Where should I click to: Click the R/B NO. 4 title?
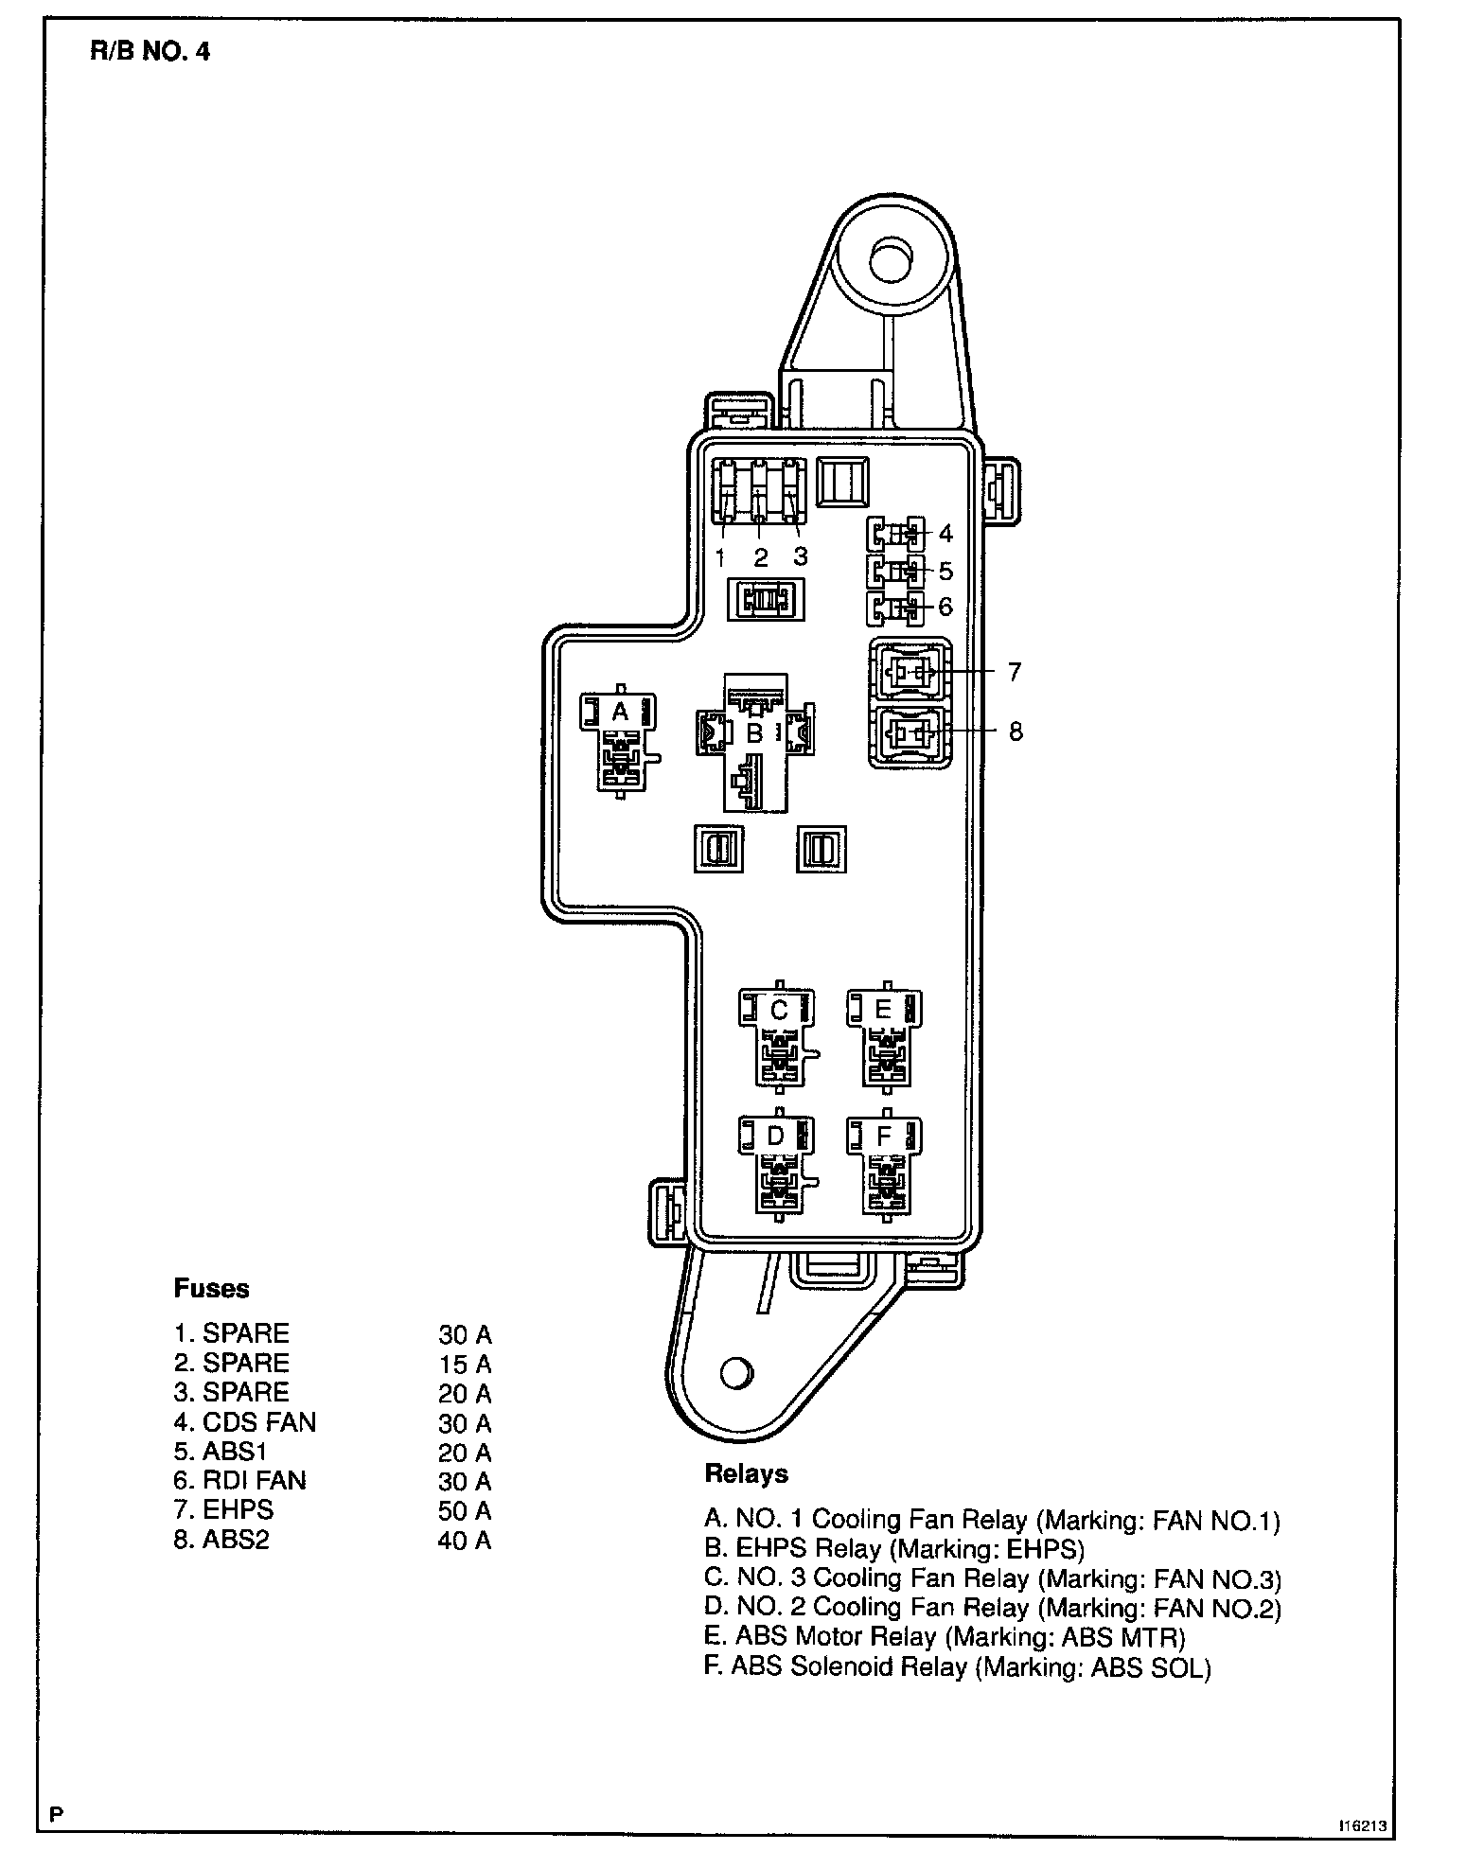pos(150,51)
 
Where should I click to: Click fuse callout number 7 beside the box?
pos(1015,672)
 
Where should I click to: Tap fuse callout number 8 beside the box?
pos(1016,731)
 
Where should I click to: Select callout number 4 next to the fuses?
pos(945,534)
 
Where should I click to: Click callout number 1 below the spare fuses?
pos(721,557)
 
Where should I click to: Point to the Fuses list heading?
pos(211,1288)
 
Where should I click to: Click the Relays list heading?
pos(746,1473)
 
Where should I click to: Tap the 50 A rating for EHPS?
pos(464,1510)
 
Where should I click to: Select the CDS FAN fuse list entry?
pos(244,1422)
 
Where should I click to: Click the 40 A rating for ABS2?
pos(464,1541)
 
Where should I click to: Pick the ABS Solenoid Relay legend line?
pos(957,1666)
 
